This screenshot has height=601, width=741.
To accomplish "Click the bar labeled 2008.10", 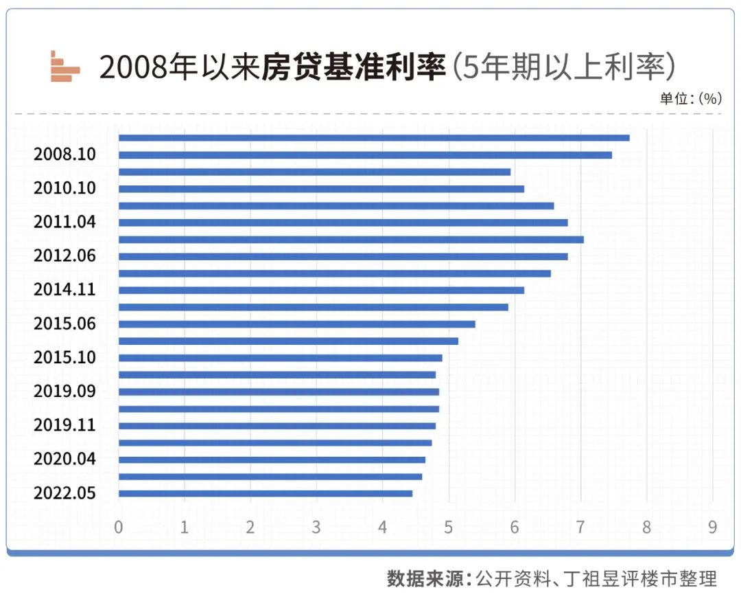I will [x=365, y=155].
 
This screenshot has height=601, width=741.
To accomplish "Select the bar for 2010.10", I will [x=321, y=189].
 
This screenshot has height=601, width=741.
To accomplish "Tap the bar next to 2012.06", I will [x=343, y=256].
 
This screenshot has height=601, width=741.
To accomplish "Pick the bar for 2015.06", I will [x=296, y=324].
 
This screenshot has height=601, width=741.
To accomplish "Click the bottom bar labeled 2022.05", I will [x=266, y=493].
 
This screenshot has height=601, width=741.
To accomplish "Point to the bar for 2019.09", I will [x=279, y=392].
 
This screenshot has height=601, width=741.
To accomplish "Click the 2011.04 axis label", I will [x=64, y=222].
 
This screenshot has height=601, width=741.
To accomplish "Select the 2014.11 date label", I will [x=64, y=290].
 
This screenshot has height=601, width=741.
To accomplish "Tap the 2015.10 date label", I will [x=64, y=357].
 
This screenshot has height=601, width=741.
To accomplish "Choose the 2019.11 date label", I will [x=64, y=425].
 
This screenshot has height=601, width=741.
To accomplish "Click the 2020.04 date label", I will [x=64, y=459].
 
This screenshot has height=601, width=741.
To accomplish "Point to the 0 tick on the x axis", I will [x=119, y=528].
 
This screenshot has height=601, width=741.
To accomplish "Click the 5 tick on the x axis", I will [x=449, y=528].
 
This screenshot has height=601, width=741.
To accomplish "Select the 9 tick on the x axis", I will [x=712, y=528].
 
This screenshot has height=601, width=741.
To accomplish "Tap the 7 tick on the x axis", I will [x=580, y=528].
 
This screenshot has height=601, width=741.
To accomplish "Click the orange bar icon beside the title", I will [x=64, y=67].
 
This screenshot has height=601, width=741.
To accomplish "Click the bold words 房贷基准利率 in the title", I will [x=354, y=67].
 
